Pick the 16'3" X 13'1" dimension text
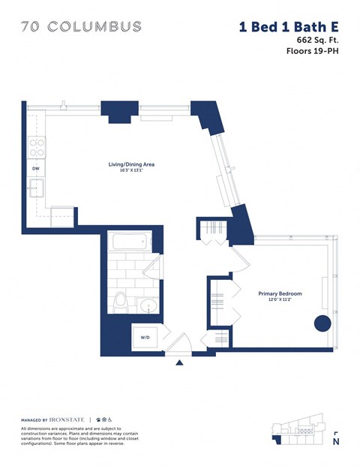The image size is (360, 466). (x=132, y=171)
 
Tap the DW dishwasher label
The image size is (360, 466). (x=35, y=169)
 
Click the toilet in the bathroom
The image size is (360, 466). (x=121, y=302)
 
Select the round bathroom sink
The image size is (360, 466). (x=149, y=306)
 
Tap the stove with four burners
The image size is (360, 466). (x=36, y=147)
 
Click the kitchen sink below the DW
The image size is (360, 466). (x=36, y=188)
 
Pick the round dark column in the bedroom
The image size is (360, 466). (x=322, y=323)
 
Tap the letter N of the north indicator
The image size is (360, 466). (x=335, y=441)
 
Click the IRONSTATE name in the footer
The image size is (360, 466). (x=70, y=419)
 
